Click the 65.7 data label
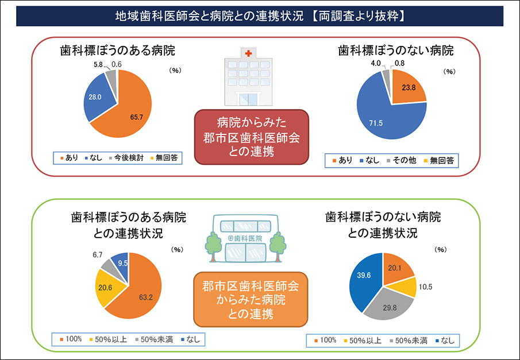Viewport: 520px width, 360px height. point(137,117)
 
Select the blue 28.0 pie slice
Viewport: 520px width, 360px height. point(97,98)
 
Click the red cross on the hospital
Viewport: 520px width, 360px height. point(248,53)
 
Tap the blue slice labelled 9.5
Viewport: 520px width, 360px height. point(122,263)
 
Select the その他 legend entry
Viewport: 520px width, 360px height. point(403,160)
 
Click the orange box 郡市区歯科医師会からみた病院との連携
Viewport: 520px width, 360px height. point(251,299)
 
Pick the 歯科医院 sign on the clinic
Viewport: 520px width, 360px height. point(245,238)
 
